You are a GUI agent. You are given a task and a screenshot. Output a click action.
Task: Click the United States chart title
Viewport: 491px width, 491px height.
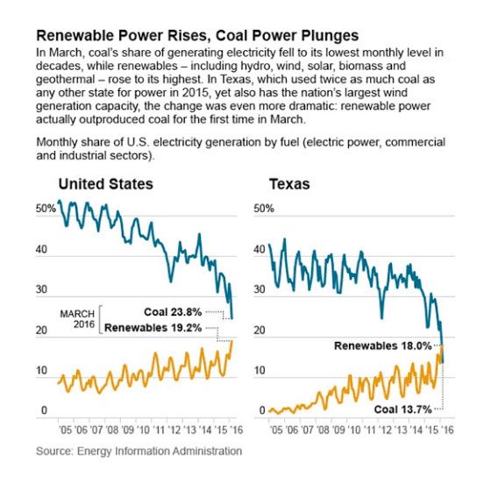(x=106, y=184)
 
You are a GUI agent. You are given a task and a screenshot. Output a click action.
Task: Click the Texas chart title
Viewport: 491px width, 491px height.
(x=289, y=184)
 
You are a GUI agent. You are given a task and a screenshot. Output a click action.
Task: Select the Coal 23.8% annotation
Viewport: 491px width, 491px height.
(x=173, y=312)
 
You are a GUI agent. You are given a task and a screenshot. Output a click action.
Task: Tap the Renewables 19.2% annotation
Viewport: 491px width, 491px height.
(x=153, y=328)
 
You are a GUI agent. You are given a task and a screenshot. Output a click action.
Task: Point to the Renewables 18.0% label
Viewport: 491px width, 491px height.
(x=383, y=345)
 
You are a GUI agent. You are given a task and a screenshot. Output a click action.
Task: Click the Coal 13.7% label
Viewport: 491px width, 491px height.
(x=403, y=409)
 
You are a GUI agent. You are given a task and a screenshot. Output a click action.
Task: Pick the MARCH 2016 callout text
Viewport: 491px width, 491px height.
(x=77, y=319)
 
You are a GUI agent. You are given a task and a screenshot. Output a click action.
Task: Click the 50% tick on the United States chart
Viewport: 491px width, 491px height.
(x=46, y=209)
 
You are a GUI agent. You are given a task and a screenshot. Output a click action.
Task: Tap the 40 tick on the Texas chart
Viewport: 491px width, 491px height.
(x=260, y=249)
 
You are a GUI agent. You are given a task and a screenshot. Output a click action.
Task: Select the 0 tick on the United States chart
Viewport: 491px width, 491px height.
(x=44, y=410)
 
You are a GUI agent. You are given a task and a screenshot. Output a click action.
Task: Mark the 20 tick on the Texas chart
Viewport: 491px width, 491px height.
(x=260, y=330)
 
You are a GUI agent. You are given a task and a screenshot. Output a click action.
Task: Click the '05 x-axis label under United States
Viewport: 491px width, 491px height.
(x=65, y=430)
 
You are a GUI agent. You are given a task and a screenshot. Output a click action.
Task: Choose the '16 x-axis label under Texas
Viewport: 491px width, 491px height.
(x=447, y=430)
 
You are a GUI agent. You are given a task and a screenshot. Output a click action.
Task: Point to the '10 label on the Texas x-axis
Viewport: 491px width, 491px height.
(x=354, y=430)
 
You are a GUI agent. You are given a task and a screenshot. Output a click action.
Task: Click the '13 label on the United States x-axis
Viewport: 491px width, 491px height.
(x=189, y=430)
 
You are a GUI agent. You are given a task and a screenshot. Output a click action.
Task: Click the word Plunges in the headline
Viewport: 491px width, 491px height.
(x=330, y=36)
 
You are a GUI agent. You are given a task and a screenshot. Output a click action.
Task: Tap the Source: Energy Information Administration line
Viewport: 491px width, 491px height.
(x=139, y=452)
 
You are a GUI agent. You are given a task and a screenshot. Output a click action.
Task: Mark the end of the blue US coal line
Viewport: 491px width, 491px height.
(x=231, y=318)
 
